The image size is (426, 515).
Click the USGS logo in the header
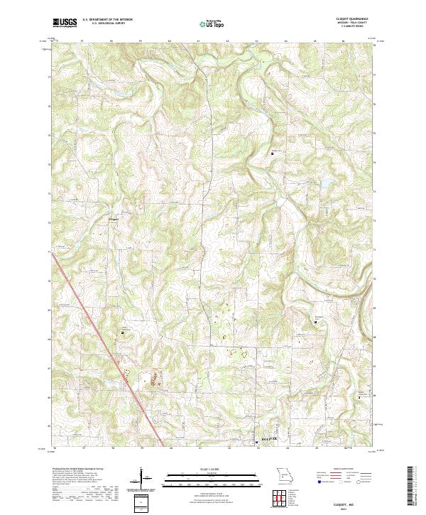pyautogui.click(x=65, y=23)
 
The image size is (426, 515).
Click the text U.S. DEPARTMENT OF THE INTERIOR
pyautogui.click(x=106, y=20)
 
